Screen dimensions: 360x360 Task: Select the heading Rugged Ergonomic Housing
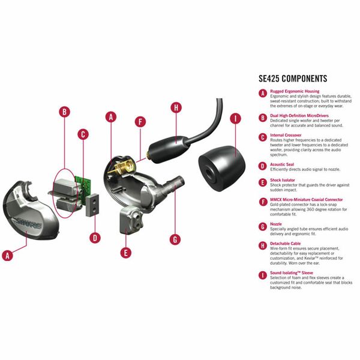click(x=295, y=91)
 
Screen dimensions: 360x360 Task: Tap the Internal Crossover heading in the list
click(x=287, y=136)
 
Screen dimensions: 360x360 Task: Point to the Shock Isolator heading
click(x=284, y=180)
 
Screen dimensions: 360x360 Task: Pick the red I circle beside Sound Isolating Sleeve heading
click(x=262, y=275)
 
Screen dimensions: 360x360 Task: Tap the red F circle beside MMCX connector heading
click(x=262, y=202)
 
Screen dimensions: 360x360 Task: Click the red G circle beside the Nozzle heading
click(x=262, y=226)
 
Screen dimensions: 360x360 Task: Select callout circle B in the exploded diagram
click(x=65, y=112)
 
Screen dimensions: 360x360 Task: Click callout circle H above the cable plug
click(x=175, y=108)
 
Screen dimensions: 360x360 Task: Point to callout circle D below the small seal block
click(x=95, y=237)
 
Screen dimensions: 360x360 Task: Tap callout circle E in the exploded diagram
click(x=125, y=253)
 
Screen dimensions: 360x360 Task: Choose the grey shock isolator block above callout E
click(x=130, y=220)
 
